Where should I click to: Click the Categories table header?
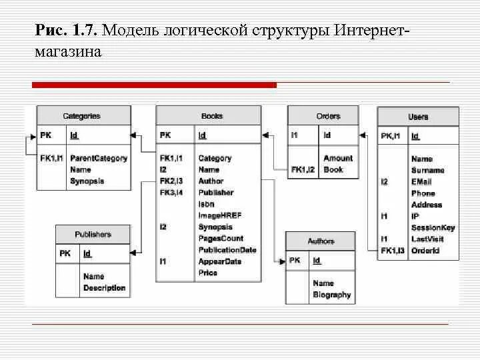(81, 116)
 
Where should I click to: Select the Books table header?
(212, 116)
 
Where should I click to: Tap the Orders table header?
(328, 116)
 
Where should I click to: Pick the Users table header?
(418, 117)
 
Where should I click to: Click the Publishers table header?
(93, 235)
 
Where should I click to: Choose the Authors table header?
(321, 241)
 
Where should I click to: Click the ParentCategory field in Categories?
(99, 159)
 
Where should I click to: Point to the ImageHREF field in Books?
(220, 215)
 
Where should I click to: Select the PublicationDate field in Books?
(227, 250)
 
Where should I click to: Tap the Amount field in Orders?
(338, 158)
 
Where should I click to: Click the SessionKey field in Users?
(433, 227)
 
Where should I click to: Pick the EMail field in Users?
(421, 181)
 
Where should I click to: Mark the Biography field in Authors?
(332, 295)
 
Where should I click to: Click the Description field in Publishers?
(104, 288)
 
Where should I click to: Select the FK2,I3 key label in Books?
(171, 181)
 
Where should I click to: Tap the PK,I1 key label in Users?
(390, 137)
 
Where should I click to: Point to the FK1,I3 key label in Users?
(393, 251)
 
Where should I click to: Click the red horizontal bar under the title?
(154, 85)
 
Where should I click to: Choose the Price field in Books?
(208, 273)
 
